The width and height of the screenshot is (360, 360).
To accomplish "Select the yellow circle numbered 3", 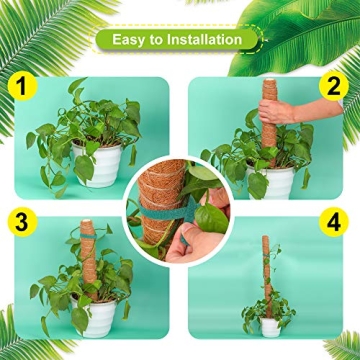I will click(20, 221).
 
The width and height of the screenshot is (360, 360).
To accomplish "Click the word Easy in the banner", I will click(134, 41).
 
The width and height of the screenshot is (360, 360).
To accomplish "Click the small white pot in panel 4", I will click(269, 326).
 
